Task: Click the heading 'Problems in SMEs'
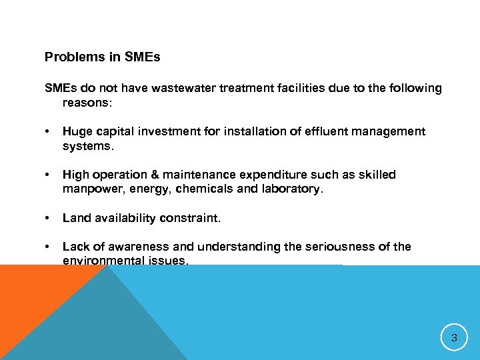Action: [102, 57]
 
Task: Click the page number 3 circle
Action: [454, 338]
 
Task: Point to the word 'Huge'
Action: [76, 132]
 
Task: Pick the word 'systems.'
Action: [87, 146]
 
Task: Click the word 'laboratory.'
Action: [291, 189]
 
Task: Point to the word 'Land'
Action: [75, 218]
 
